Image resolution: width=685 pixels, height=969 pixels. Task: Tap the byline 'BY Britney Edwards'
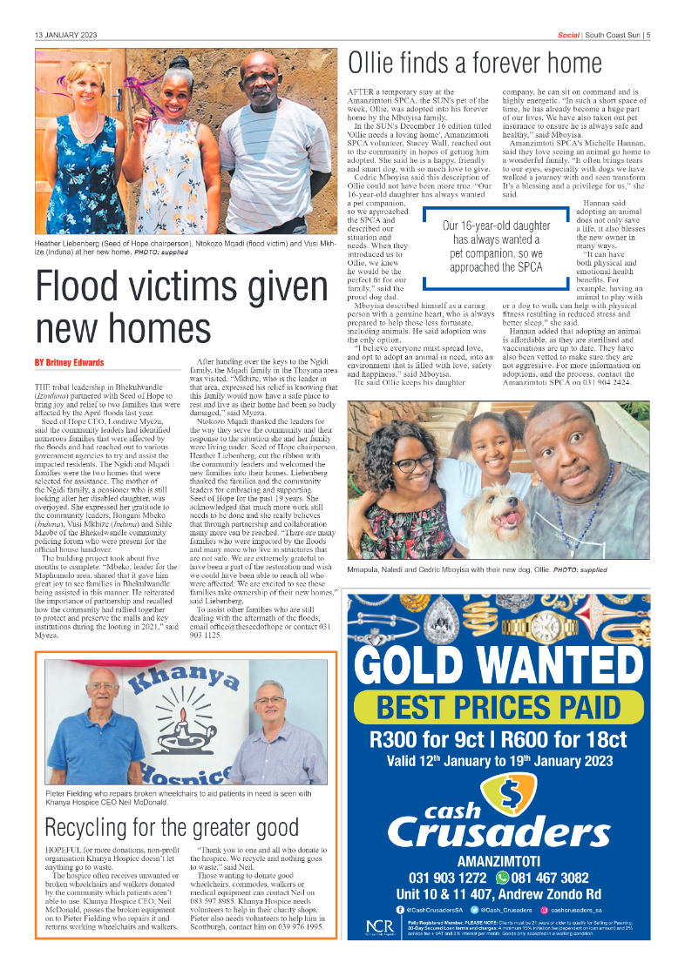point(69,362)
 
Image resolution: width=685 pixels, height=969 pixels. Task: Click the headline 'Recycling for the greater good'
point(172,826)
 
